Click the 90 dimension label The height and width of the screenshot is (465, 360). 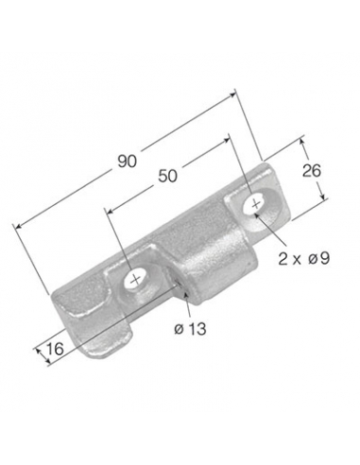click(128, 162)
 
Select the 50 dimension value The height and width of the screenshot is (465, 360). click(167, 176)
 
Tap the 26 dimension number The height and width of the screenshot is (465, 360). click(311, 171)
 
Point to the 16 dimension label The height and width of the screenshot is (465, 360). click(56, 349)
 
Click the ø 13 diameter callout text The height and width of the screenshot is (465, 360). click(190, 329)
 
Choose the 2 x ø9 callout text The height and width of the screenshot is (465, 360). click(304, 259)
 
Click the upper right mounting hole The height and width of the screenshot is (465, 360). click(256, 204)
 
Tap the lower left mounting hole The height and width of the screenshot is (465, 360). click(136, 280)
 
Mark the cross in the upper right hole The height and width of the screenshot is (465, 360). click(256, 204)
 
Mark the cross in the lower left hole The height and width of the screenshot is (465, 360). click(136, 280)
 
